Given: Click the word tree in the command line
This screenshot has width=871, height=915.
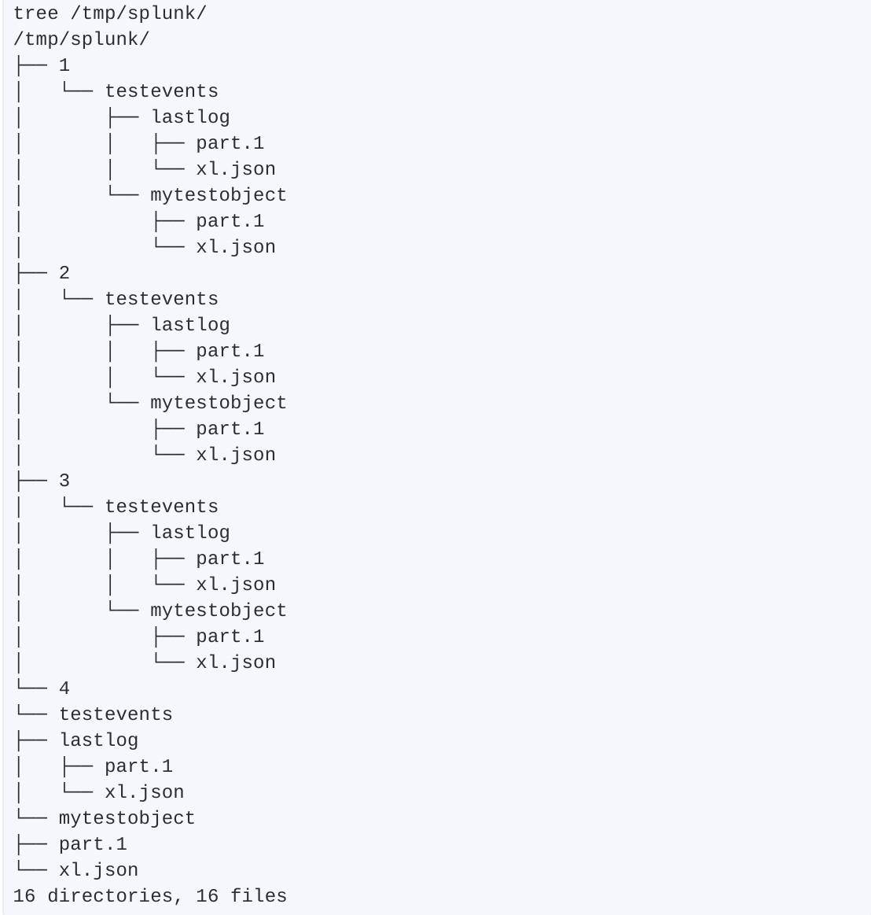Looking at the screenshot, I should [x=35, y=13].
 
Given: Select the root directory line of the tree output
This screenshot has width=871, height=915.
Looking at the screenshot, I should [x=81, y=39].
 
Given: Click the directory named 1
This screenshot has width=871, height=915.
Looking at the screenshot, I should [x=64, y=65].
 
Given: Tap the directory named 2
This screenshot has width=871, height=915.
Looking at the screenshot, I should [x=64, y=273].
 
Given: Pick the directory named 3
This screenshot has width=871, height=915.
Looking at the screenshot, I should [x=64, y=481].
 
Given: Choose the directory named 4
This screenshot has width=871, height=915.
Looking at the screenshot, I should [x=64, y=688].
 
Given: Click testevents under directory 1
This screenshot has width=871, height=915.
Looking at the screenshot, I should [x=161, y=91].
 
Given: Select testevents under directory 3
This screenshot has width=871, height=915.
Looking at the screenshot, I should [x=161, y=507].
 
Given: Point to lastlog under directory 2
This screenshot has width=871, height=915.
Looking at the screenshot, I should [x=190, y=325].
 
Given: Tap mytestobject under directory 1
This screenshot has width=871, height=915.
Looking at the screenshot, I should [x=218, y=195].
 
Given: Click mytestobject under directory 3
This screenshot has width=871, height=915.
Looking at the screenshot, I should [x=218, y=611].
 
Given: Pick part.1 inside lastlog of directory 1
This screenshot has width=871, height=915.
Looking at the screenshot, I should [x=230, y=143].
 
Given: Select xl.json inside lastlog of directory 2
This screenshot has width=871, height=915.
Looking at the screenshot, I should [x=236, y=377].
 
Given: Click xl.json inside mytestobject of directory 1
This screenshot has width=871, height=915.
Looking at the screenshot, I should [x=236, y=247].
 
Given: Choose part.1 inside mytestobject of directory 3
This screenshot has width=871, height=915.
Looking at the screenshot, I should [x=230, y=636].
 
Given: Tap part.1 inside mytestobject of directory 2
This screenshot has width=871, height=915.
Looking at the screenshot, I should [x=230, y=429].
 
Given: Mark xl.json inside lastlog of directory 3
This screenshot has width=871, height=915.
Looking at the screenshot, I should [x=236, y=585].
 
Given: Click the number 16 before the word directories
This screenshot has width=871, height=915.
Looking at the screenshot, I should [x=24, y=896].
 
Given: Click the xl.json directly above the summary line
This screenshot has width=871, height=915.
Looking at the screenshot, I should [x=98, y=870].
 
